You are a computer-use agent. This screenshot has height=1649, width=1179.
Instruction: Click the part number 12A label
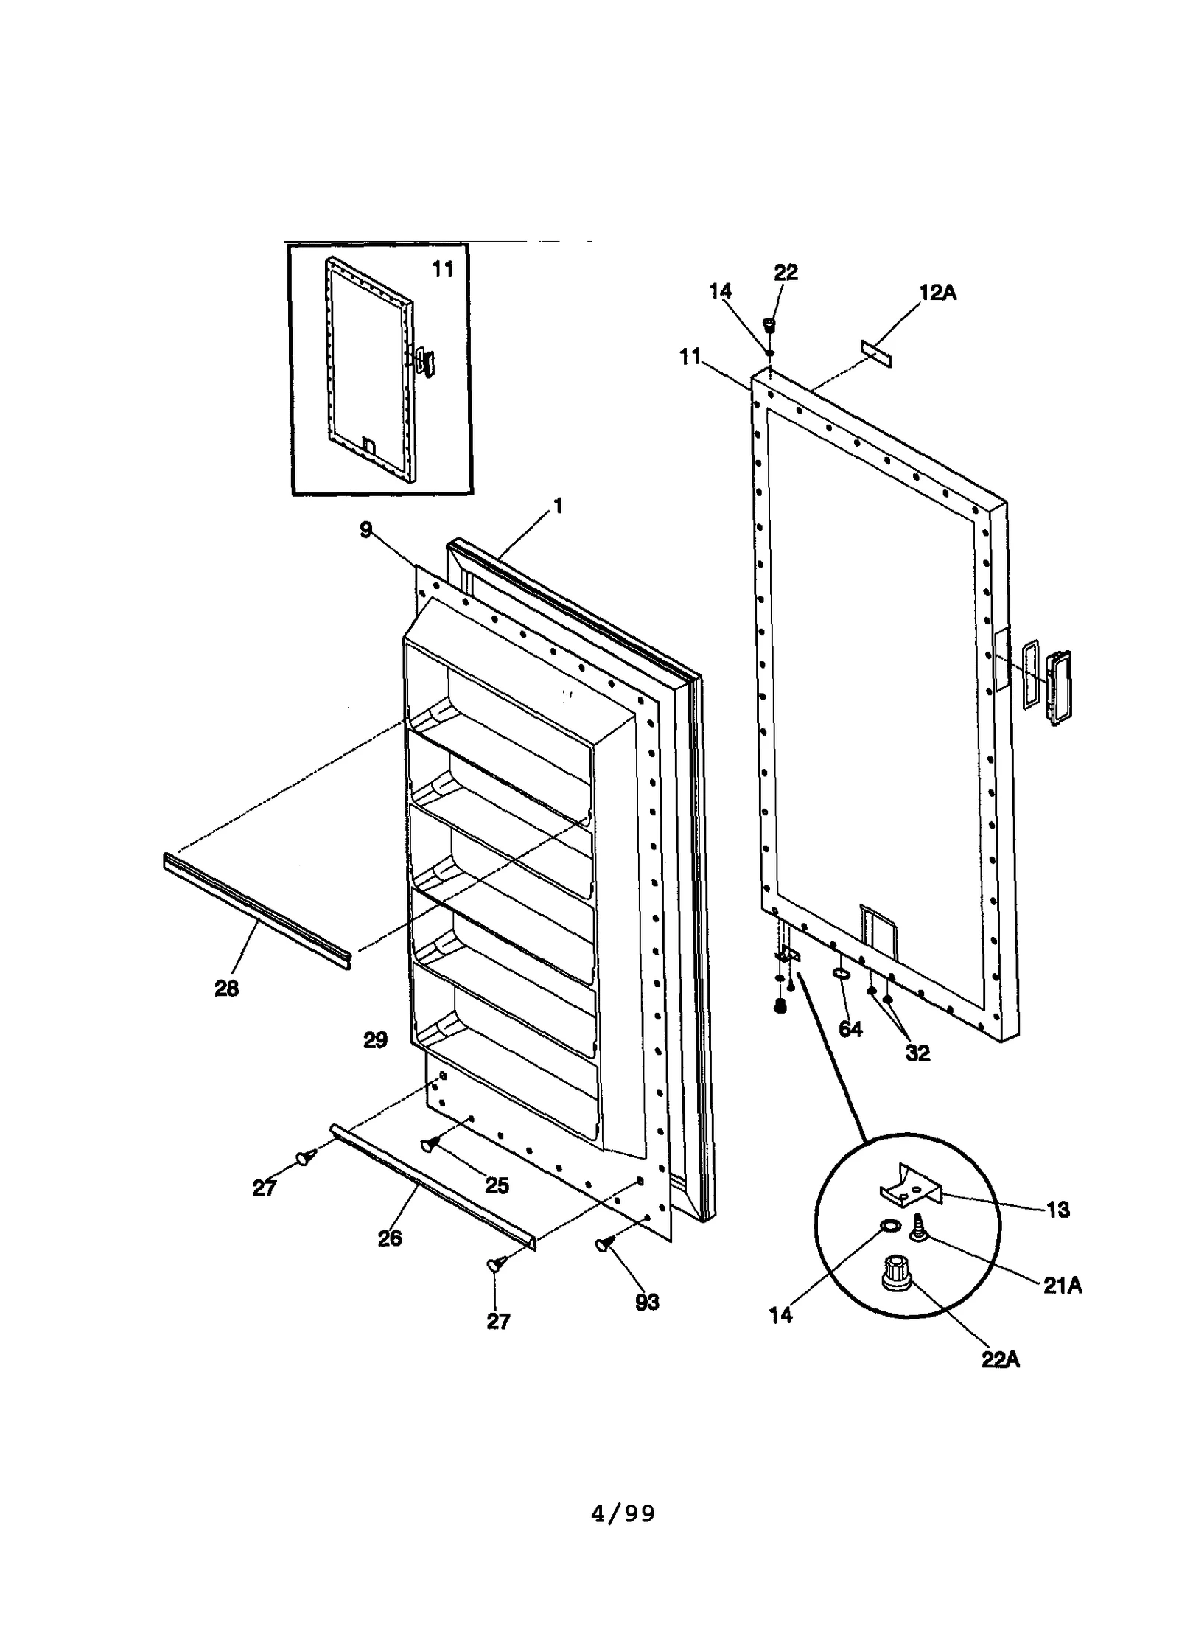pyautogui.click(x=937, y=293)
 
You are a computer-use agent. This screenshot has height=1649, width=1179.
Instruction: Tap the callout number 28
pyautogui.click(x=226, y=989)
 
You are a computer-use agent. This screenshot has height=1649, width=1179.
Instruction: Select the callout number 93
pyautogui.click(x=646, y=1303)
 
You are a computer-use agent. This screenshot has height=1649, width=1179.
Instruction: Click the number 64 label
pyautogui.click(x=850, y=1029)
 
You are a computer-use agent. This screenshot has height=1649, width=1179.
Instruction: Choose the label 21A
pyautogui.click(x=1062, y=1286)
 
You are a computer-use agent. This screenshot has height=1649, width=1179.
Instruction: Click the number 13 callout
pyautogui.click(x=1057, y=1210)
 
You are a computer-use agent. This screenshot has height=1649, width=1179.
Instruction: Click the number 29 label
pyautogui.click(x=375, y=1040)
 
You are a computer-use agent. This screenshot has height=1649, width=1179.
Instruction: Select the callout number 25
pyautogui.click(x=497, y=1185)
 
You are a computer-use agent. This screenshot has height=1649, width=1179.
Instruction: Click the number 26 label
pyautogui.click(x=390, y=1238)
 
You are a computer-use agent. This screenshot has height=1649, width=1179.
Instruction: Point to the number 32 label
pyautogui.click(x=917, y=1053)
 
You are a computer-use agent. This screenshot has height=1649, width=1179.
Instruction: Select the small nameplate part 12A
pyautogui.click(x=875, y=353)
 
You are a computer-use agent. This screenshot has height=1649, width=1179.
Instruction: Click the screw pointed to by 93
pyautogui.click(x=604, y=1245)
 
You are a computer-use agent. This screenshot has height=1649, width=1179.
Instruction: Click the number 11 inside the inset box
pyautogui.click(x=442, y=270)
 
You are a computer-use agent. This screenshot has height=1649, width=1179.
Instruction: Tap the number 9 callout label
pyautogui.click(x=366, y=530)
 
